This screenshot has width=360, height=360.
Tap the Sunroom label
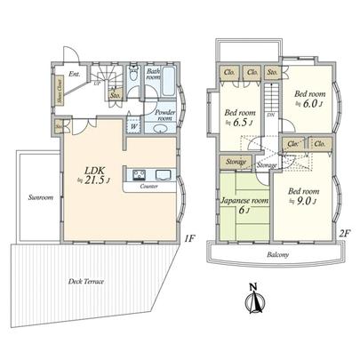click(x=38, y=196)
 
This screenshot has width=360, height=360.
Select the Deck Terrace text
click(x=86, y=281)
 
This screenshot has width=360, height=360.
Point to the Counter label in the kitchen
click(x=148, y=188)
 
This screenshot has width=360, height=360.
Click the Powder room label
click(x=166, y=116)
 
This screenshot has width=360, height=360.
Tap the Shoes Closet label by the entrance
click(x=59, y=91)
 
